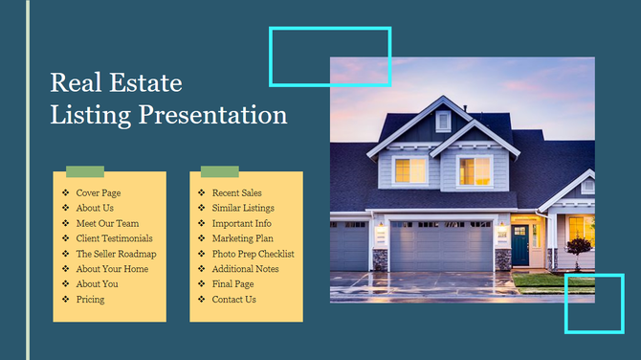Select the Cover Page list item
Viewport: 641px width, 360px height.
tap(98, 192)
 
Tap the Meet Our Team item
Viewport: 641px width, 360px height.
tap(107, 223)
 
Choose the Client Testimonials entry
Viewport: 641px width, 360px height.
tap(114, 238)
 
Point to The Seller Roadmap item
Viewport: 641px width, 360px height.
tap(116, 254)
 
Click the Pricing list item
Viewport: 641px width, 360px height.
tap(90, 300)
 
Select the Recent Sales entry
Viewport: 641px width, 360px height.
tap(236, 192)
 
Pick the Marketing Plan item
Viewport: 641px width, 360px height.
tap(242, 238)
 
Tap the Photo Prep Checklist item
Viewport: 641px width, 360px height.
tap(253, 254)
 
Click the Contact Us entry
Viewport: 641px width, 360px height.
tap(233, 300)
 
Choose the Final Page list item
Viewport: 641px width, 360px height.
tap(232, 284)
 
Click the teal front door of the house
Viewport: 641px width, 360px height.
tap(519, 246)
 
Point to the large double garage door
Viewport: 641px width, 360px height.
tap(442, 247)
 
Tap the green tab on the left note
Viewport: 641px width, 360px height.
tap(84, 171)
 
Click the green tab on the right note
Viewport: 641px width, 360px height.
tap(219, 171)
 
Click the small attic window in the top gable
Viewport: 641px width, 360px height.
tap(443, 122)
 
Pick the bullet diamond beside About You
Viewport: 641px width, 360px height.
tap(65, 284)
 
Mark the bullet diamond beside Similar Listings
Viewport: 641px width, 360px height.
tap(201, 208)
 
